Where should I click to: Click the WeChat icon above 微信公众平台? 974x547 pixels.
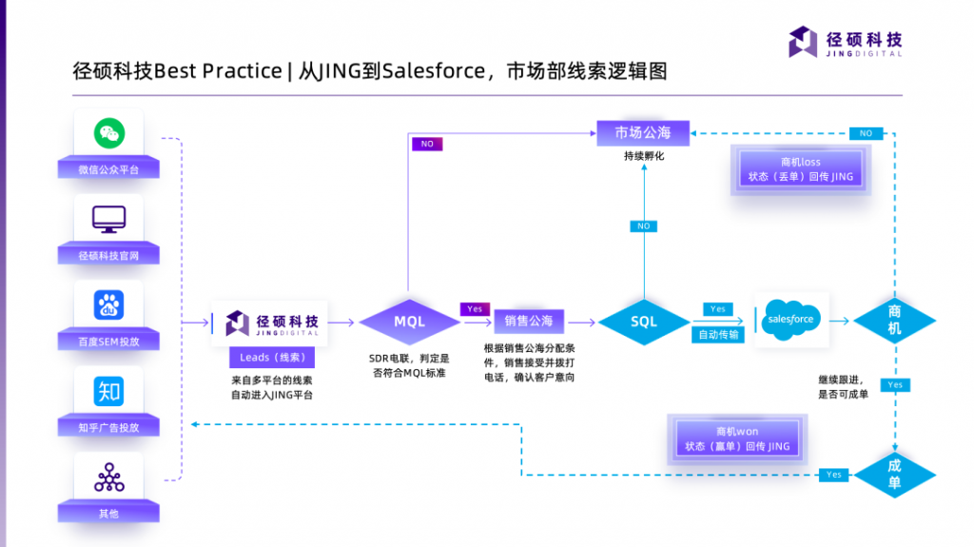click(x=109, y=133)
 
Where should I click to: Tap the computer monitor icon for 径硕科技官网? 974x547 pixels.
click(x=109, y=219)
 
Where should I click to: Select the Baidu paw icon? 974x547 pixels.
click(x=109, y=304)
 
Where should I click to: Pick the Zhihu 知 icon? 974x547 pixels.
click(x=109, y=390)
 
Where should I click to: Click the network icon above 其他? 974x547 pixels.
click(x=109, y=477)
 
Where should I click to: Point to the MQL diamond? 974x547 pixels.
click(x=409, y=322)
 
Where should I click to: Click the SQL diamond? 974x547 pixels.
click(x=644, y=322)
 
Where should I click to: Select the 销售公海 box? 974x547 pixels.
click(x=528, y=321)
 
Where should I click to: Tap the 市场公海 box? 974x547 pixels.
click(x=643, y=132)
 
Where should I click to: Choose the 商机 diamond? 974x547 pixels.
click(x=894, y=321)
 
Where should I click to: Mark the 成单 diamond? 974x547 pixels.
click(x=894, y=474)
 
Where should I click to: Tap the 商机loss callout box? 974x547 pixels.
click(x=800, y=169)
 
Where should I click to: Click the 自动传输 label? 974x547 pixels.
click(x=718, y=335)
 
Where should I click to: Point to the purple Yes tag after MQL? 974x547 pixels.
click(x=475, y=309)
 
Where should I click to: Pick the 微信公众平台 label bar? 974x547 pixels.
click(x=108, y=170)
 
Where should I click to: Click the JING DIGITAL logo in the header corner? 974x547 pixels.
click(x=846, y=43)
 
